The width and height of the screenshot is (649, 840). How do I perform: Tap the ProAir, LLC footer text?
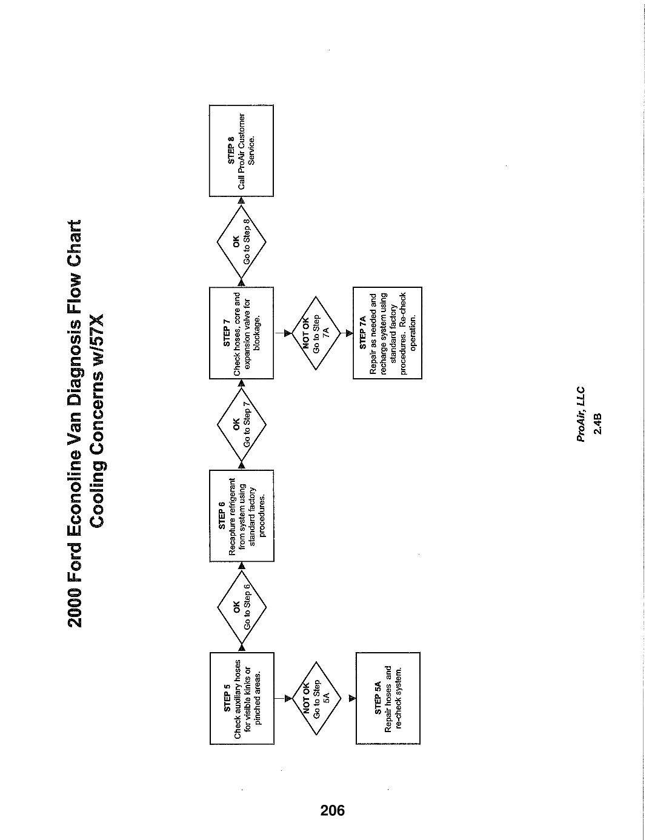tap(581, 414)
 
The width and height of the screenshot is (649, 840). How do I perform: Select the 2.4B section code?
tap(597, 424)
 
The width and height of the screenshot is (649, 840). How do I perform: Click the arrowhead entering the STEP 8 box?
tap(241, 200)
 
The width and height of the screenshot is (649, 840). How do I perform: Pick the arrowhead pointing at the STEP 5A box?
tap(352, 698)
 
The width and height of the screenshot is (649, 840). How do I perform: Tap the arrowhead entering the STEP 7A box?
tap(350, 333)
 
